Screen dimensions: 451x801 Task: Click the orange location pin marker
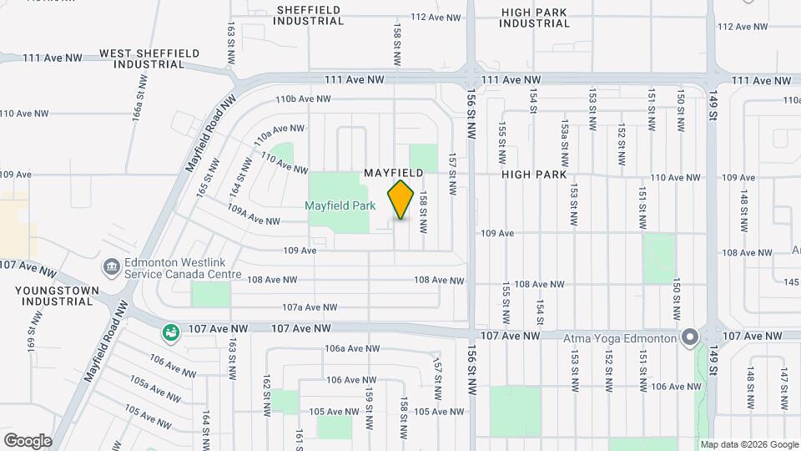pyautogui.click(x=401, y=200)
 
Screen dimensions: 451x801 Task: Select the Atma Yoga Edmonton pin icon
pyautogui.click(x=689, y=337)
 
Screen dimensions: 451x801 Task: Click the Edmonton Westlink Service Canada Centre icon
pyautogui.click(x=111, y=267)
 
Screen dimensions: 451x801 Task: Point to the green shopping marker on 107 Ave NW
pyautogui.click(x=171, y=332)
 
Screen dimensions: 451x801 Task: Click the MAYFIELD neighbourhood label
pyautogui.click(x=394, y=172)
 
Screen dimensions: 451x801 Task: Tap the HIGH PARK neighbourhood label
pyautogui.click(x=534, y=175)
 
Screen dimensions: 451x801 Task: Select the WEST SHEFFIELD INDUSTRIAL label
pyautogui.click(x=149, y=58)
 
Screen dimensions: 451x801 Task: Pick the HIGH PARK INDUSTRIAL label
pyautogui.click(x=535, y=18)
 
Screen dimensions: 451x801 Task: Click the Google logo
pyautogui.click(x=28, y=440)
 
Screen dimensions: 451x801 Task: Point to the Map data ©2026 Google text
pyautogui.click(x=748, y=444)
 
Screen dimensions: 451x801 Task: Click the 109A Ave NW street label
pyautogui.click(x=253, y=215)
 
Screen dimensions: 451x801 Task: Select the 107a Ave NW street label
pyautogui.click(x=308, y=307)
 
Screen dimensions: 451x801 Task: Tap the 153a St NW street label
pyautogui.click(x=565, y=133)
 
